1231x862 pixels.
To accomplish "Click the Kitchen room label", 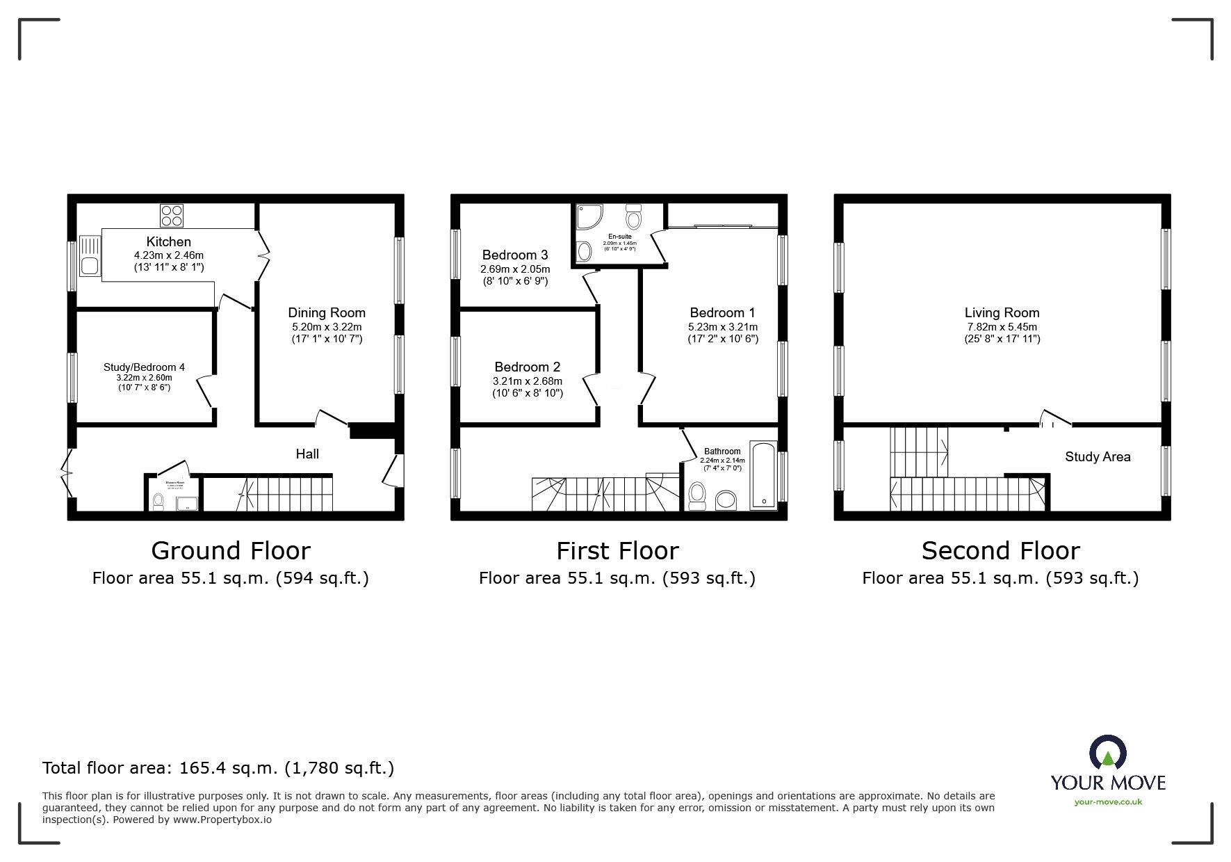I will [x=168, y=241].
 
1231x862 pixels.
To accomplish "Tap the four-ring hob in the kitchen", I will [x=172, y=215].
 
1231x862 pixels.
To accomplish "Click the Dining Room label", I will [x=327, y=312].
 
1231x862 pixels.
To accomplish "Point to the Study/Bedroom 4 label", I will [x=144, y=367].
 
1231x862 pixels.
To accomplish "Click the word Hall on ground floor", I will [x=307, y=454].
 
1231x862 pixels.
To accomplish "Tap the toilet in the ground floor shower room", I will [x=158, y=500].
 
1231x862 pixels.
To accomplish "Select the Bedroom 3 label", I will [x=515, y=255].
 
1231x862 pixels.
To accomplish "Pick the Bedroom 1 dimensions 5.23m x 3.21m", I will [x=723, y=327].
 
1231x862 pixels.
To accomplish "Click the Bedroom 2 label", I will [x=527, y=367].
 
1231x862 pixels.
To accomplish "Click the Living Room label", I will [x=1002, y=312].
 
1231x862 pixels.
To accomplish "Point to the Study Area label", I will [x=1098, y=456].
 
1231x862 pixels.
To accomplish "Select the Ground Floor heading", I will [x=230, y=550].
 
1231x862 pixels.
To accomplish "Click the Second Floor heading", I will [x=1000, y=550].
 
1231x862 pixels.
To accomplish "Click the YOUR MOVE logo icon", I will [x=1108, y=755].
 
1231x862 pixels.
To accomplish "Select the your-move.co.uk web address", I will [x=1108, y=802].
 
